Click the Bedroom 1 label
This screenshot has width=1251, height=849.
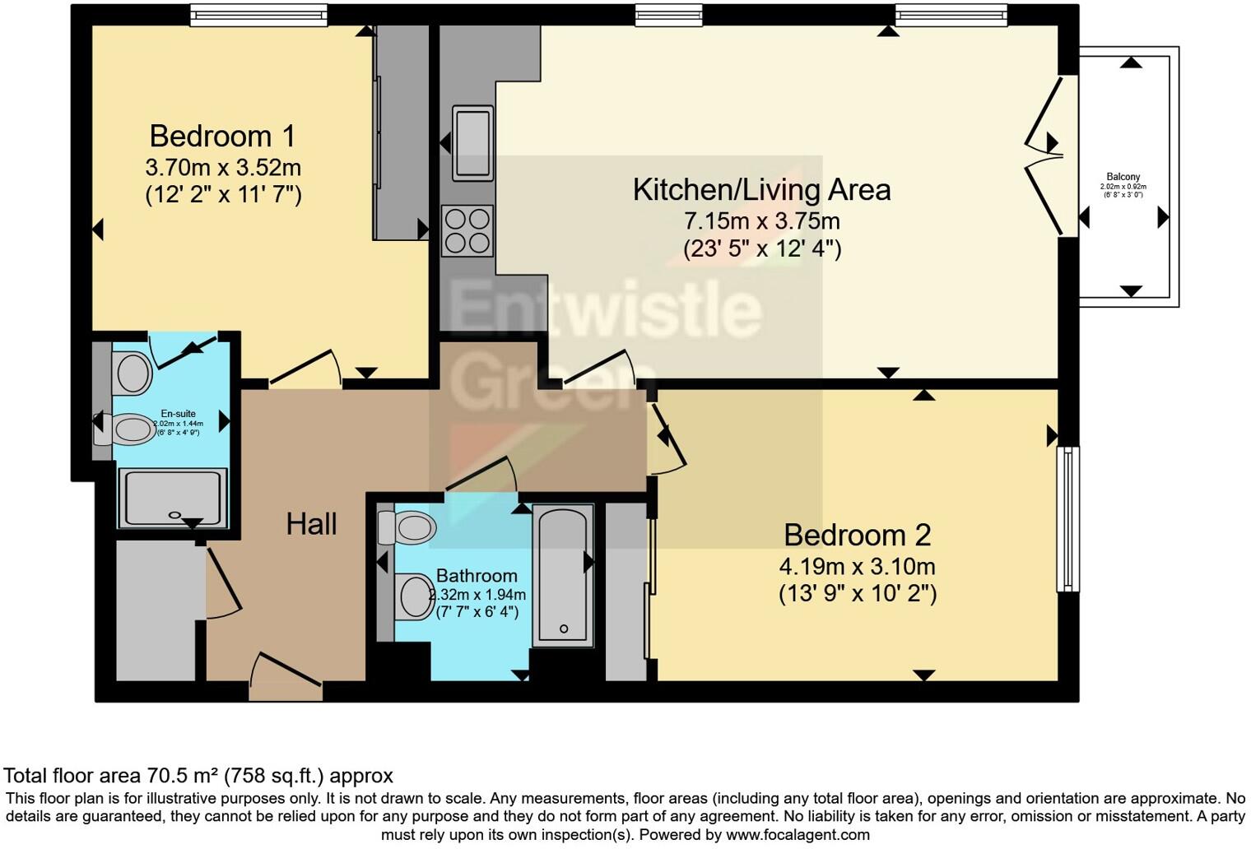coord(221,136)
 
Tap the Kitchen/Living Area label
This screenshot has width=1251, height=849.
coord(761,190)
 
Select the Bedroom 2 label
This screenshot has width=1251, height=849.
coord(857,536)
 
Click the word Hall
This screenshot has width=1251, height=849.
coord(311,524)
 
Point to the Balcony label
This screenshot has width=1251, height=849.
coord(1123,177)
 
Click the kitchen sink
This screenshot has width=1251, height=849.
coord(472,142)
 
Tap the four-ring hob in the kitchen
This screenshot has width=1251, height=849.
coord(467,231)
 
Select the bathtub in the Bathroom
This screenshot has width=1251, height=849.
coord(563,574)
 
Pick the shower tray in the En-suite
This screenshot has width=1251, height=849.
coord(173,498)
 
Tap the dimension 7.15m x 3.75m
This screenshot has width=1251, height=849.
coord(761,221)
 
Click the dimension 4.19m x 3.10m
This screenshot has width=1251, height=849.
coord(857,567)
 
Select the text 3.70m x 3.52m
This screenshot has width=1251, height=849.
coord(222,168)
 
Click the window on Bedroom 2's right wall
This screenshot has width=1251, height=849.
coord(1067,518)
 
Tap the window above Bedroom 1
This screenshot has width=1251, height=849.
coord(258,14)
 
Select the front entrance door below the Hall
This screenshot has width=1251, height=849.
coord(286,678)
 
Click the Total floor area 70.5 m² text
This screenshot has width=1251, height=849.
coord(198,776)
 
